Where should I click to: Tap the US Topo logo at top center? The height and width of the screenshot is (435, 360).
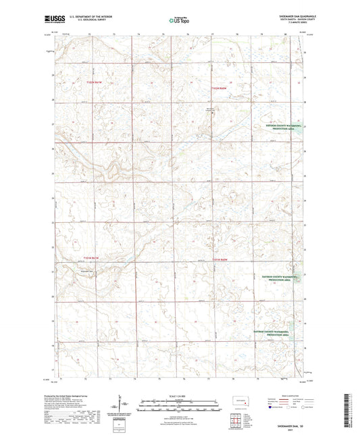point(177,21)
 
